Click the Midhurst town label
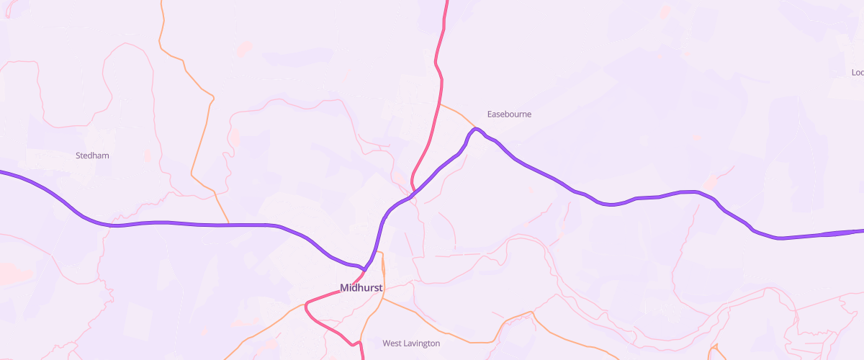point(361,288)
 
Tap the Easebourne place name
point(509,114)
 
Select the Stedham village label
point(92,156)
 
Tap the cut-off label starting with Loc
point(857,73)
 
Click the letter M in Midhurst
point(344,288)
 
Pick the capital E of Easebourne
point(490,114)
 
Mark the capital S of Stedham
point(78,156)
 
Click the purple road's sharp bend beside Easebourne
point(475,129)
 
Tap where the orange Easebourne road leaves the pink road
point(440,104)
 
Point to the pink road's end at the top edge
point(446,1)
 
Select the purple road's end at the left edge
point(1,172)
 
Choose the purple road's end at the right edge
point(862,231)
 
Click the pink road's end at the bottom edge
point(361,358)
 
